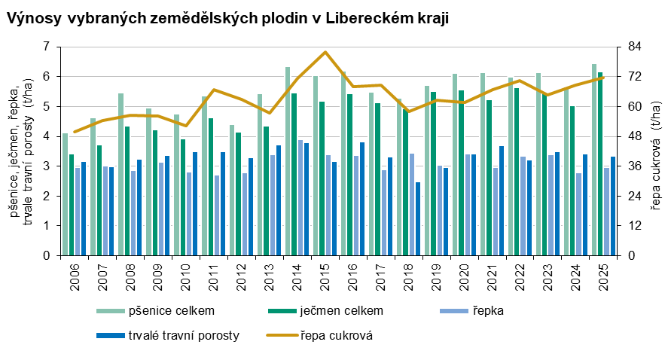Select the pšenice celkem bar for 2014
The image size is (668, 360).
(288, 162)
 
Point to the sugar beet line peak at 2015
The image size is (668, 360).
(325, 52)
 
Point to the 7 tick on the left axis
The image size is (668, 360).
(46, 47)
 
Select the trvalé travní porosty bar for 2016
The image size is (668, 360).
(362, 199)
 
